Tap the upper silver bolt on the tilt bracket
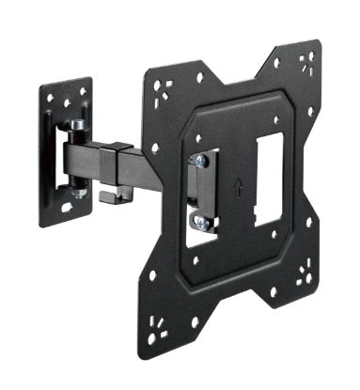click(199, 163)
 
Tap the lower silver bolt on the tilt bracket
click(199, 223)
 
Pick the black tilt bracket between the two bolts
click(200, 193)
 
